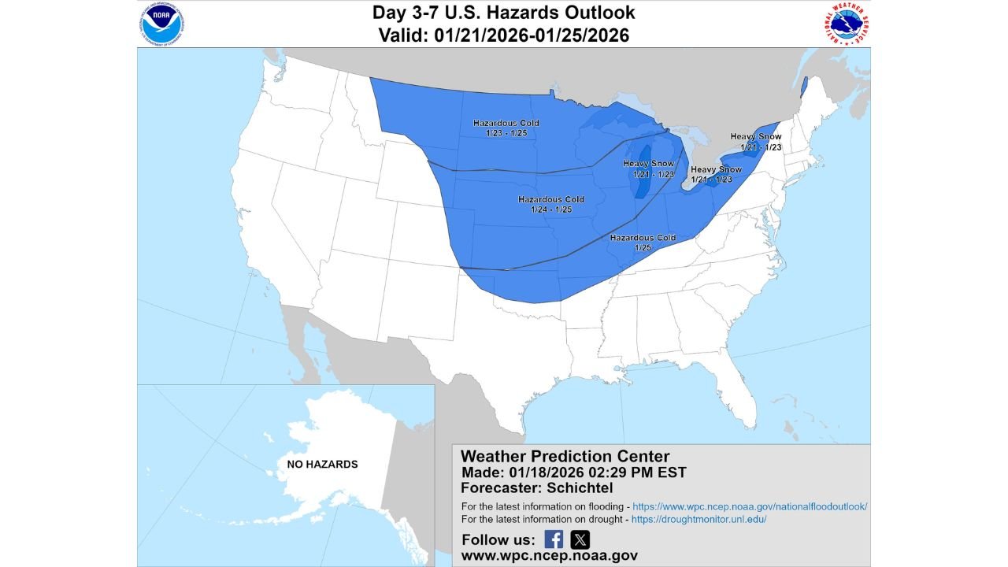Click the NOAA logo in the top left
163,24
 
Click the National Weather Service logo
844,24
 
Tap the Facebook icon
554,539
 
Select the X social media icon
580,539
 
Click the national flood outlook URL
750,506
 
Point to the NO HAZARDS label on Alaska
322,465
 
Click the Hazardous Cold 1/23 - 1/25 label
506,128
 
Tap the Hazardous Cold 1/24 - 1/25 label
550,205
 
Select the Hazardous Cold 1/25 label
643,242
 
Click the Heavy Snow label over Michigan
649,169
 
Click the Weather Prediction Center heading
565,457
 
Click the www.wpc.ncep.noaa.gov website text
549,556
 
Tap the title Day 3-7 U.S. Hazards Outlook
504,13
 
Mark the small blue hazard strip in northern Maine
804,87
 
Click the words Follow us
497,540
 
